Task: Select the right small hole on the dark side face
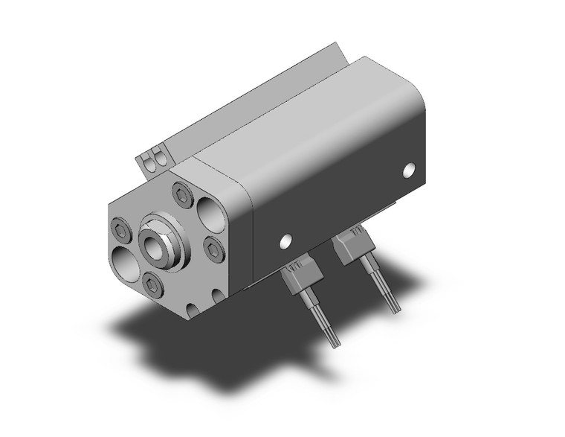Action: tap(410, 170)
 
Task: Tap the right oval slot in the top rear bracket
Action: tap(158, 156)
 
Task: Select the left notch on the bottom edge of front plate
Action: tap(193, 307)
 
